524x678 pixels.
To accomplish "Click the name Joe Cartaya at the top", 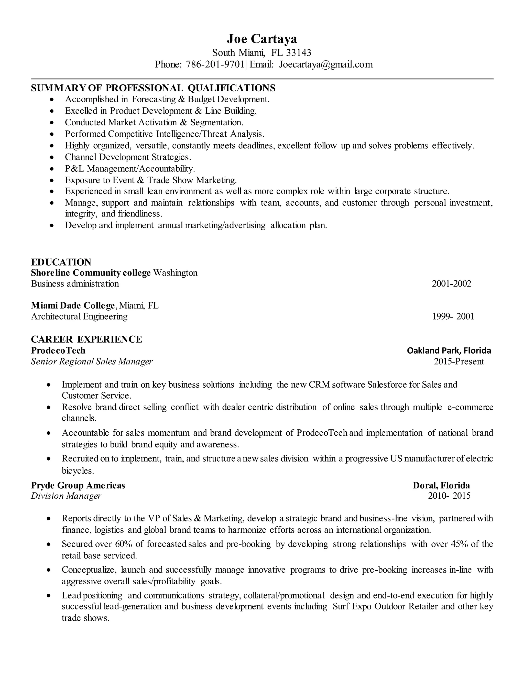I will pyautogui.click(x=262, y=39).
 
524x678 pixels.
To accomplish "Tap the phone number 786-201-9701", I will pyautogui.click(x=215, y=64).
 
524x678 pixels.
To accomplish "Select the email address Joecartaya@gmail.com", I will pyautogui.click(x=326, y=64).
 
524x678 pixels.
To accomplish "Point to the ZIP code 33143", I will pyautogui.click(x=298, y=52).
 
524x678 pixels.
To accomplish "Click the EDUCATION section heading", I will pyautogui.click(x=61, y=262).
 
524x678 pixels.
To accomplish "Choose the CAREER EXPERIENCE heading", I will pyautogui.click(x=87, y=339).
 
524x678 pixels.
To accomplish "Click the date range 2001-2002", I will pyautogui.click(x=451, y=283).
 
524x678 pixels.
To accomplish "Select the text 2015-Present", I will pyautogui.click(x=459, y=361).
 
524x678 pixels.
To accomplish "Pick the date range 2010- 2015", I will pyautogui.click(x=449, y=496).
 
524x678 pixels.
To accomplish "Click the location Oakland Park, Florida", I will pyautogui.click(x=449, y=351).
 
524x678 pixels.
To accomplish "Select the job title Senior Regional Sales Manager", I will pyautogui.click(x=92, y=361).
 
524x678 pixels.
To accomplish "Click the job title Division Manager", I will pyautogui.click(x=66, y=496).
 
